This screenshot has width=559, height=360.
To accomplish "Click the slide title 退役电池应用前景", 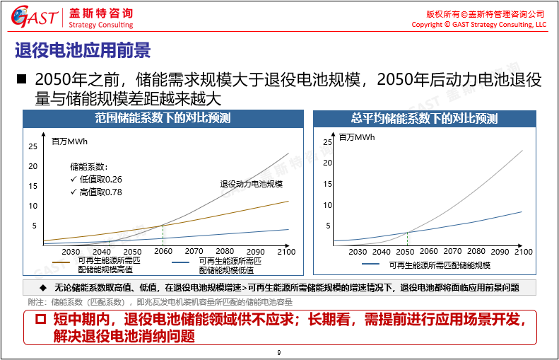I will tap(83, 51).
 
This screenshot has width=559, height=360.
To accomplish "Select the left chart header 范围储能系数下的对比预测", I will tap(163, 119).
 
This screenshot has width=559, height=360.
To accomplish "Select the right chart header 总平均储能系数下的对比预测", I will tap(424, 119).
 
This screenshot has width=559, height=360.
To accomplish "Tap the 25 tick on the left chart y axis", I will tap(33, 146).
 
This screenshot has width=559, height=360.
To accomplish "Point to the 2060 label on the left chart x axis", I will tap(163, 252).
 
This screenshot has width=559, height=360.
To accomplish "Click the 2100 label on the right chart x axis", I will tap(523, 252).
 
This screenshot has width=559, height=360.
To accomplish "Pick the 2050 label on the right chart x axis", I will tap(405, 252).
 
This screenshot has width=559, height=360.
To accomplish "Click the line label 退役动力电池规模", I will tap(251, 184).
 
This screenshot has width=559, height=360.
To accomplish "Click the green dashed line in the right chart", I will tap(407, 238).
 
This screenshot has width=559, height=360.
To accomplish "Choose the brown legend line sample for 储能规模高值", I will tap(61, 262).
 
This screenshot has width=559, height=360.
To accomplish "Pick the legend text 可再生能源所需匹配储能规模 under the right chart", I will tap(439, 265).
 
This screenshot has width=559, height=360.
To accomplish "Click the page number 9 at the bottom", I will tap(279, 352).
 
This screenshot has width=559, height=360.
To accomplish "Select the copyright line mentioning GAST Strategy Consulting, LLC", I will tap(478, 25).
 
